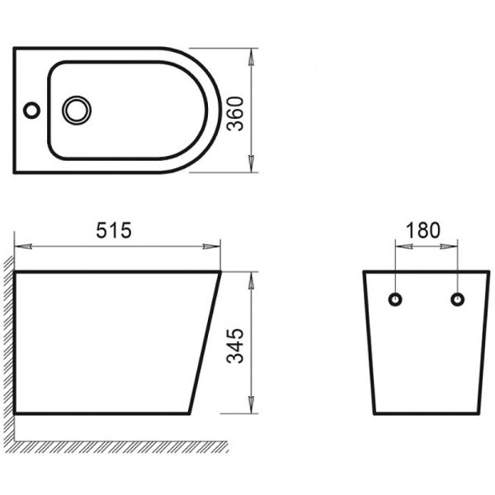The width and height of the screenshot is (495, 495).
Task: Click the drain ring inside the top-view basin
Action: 78,109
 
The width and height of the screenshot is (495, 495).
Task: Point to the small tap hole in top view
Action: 31,109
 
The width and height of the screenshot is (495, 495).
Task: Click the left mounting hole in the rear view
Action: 395,299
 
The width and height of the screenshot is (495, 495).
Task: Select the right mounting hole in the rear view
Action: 456,299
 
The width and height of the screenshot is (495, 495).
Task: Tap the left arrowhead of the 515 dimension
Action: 21,246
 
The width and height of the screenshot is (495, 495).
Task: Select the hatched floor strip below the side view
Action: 124,446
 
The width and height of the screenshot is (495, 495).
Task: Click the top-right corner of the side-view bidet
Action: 220,271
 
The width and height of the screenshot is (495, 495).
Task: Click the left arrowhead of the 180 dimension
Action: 400,246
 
